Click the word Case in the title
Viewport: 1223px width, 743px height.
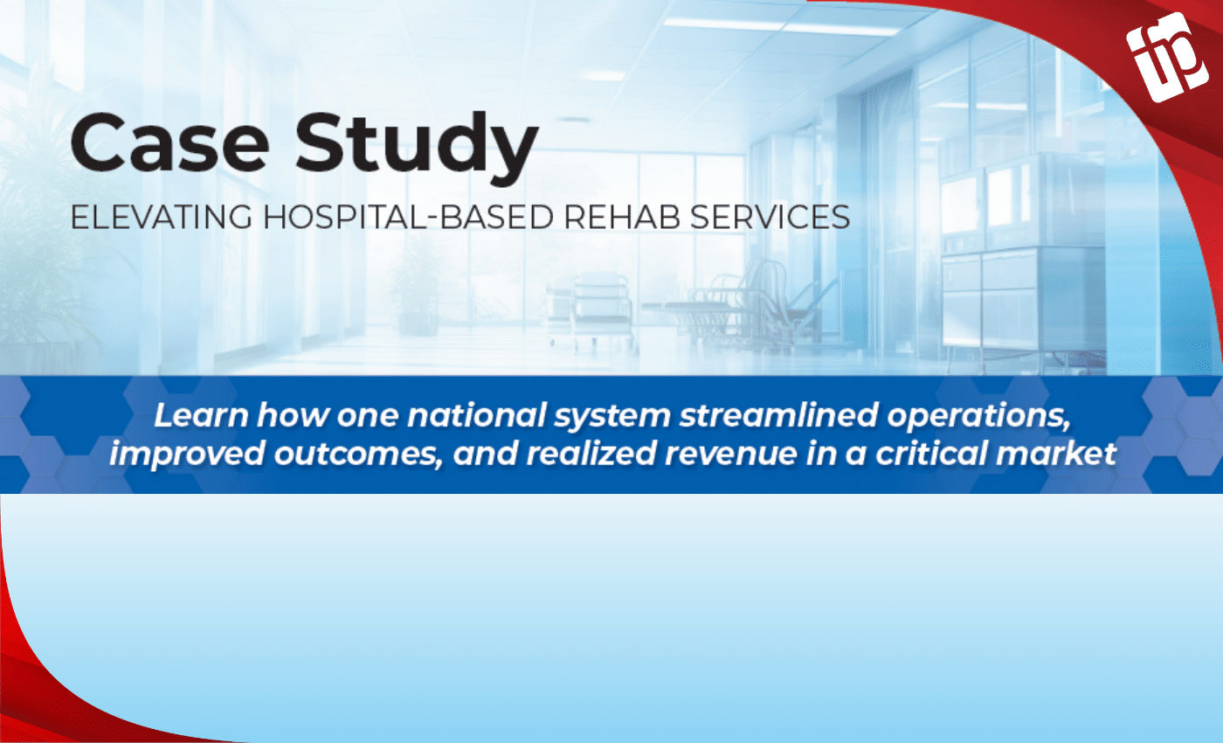click(169, 142)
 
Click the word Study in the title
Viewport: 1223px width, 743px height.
click(418, 148)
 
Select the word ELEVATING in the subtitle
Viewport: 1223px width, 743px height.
click(162, 218)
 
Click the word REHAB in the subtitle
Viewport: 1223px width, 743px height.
click(622, 218)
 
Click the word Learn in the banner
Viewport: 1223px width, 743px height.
click(201, 415)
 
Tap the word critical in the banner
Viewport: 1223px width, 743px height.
click(925, 454)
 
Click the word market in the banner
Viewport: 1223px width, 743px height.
click(1050, 454)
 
